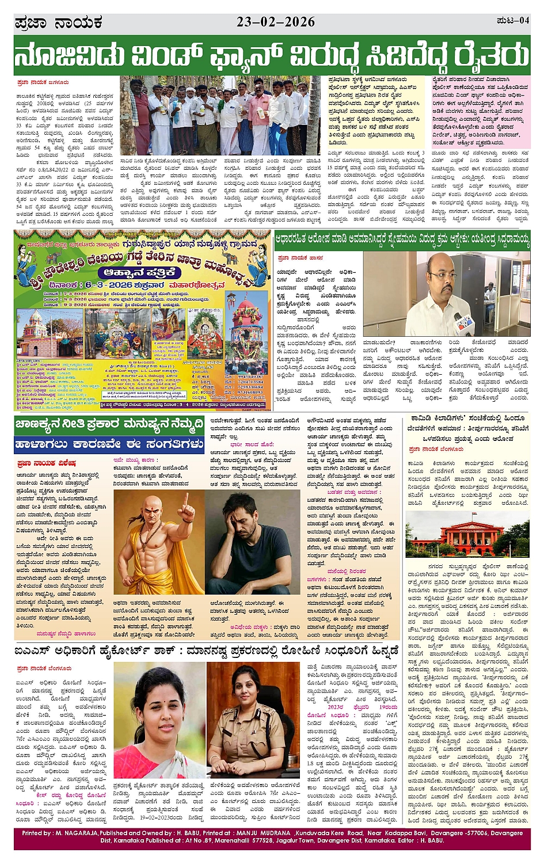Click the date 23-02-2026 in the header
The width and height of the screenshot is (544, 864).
(276, 22)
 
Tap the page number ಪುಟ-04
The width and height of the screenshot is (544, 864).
(512, 21)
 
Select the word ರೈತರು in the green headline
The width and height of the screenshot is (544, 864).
(491, 56)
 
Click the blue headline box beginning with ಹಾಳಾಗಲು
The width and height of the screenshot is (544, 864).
(109, 444)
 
